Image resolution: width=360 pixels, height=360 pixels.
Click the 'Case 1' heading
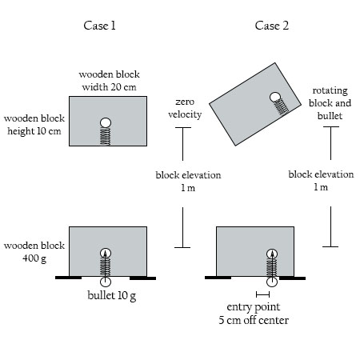click(100, 26)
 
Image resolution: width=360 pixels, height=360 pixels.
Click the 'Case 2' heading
click(272, 26)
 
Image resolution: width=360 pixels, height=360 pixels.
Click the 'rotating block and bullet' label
click(330, 104)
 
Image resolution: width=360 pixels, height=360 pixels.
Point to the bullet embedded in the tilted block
click(276, 98)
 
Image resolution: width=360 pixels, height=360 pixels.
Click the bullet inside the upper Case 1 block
click(106, 122)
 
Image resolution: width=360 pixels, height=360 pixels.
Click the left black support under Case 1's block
click(69, 278)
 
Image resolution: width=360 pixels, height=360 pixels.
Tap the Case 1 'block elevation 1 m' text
click(189, 182)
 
